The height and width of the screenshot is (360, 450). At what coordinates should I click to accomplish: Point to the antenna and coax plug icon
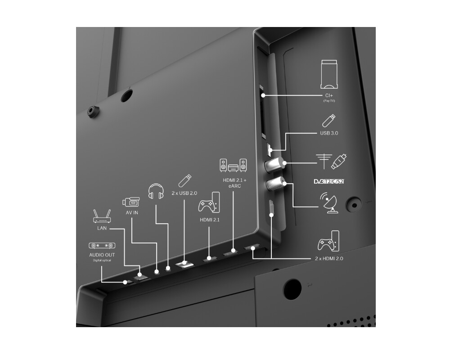tap(332, 162)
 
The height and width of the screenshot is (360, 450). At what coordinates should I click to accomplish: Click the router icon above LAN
tap(102, 217)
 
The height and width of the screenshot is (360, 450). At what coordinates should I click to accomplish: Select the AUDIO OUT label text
tap(102, 255)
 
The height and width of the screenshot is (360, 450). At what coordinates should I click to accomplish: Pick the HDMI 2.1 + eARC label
tap(233, 183)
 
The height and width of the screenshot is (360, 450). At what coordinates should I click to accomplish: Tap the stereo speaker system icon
tap(233, 165)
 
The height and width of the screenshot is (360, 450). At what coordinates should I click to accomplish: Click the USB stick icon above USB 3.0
tap(329, 121)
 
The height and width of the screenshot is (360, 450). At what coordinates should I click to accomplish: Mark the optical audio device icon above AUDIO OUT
tap(101, 246)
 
